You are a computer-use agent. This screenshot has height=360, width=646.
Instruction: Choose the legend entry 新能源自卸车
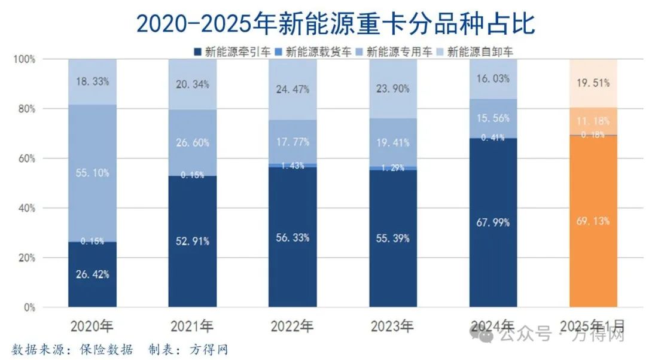(479, 51)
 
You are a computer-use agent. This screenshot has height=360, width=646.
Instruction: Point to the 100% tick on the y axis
(25, 59)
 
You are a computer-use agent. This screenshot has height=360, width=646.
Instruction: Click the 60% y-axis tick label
(27, 158)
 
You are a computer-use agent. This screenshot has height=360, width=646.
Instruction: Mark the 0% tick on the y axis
(29, 307)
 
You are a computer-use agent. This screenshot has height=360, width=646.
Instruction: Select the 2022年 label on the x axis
(292, 327)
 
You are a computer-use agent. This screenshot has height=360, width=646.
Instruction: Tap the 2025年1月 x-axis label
(592, 327)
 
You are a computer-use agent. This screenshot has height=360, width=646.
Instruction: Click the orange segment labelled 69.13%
(593, 239)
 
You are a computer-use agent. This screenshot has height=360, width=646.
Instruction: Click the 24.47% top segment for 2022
(292, 90)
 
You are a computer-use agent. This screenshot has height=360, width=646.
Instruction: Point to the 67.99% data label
(493, 223)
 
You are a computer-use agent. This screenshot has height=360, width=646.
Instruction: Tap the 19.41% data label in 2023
(393, 143)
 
